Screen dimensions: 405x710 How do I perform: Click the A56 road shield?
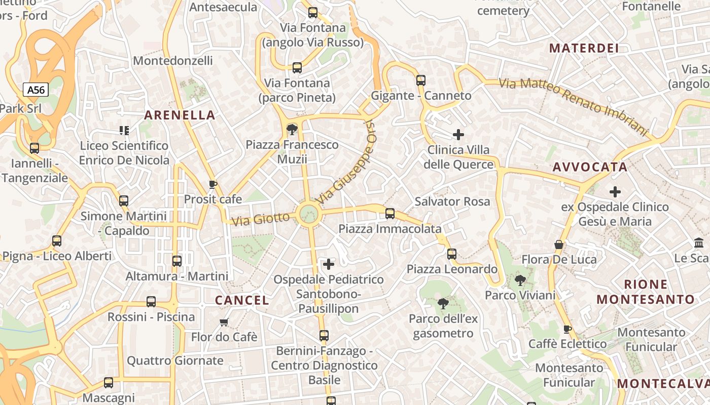point(36,90)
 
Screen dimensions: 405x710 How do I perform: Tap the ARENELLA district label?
point(180,115)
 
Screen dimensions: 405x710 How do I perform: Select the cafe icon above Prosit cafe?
point(213,184)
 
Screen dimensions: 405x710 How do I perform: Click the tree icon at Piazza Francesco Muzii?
point(292,130)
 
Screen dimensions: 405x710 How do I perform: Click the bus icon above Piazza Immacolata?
point(390,214)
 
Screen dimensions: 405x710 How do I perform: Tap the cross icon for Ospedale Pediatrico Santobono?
point(329,264)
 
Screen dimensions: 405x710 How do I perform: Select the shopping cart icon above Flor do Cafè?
point(224,322)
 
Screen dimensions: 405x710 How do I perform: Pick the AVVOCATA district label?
point(590,167)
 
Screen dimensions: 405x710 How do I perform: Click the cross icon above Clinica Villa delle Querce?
point(458,135)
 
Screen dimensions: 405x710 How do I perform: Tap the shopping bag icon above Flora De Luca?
point(559,245)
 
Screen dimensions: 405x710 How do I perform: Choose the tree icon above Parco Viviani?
point(520,280)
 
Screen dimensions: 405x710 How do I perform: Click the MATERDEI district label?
point(584,48)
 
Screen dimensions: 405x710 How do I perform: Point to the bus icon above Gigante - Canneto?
point(421,80)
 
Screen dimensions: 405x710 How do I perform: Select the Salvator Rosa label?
point(452,201)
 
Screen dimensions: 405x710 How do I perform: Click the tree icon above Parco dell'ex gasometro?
point(443,304)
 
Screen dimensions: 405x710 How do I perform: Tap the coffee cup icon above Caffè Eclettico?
point(567,330)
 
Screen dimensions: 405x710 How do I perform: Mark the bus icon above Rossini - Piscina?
point(151,302)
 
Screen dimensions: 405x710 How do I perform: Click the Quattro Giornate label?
point(175,360)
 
